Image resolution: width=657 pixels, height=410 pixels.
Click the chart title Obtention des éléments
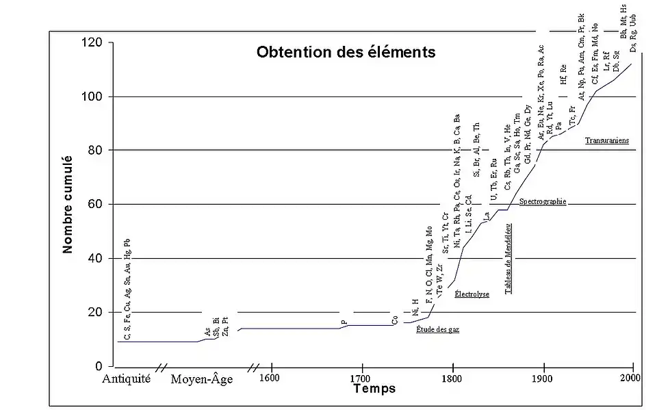(346, 52)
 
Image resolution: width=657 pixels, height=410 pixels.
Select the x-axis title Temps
(374, 389)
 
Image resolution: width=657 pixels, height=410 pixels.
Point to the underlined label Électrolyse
(472, 294)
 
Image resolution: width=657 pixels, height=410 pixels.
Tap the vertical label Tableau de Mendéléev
(509, 259)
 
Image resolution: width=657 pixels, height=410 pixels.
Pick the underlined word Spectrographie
(543, 202)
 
